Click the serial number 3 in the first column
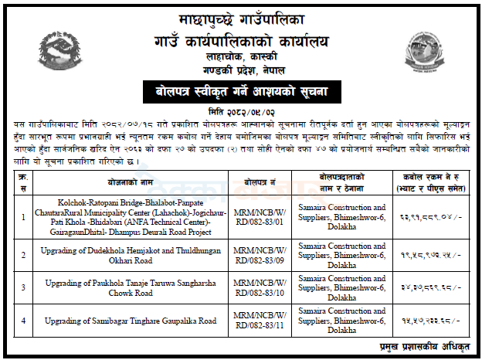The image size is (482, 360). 23,287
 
